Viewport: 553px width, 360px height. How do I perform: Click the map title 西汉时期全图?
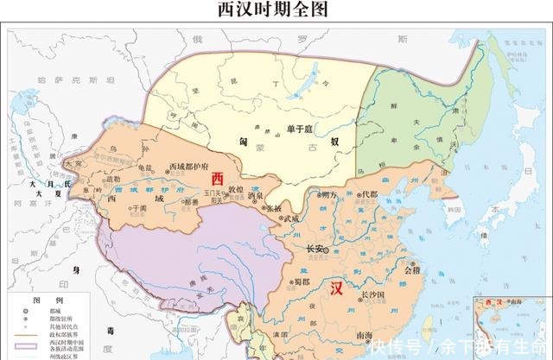coord(276,10)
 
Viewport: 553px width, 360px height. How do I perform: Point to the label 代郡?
coord(370,194)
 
